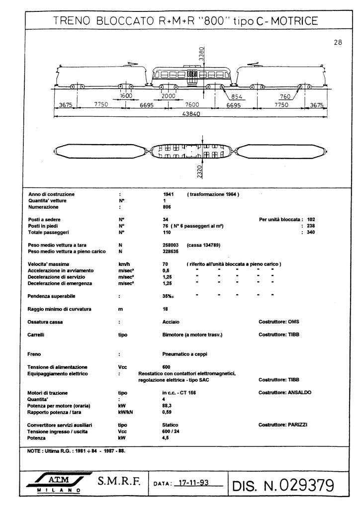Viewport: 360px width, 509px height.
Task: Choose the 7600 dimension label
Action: tap(192, 105)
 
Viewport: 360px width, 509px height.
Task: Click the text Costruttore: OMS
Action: tap(279, 322)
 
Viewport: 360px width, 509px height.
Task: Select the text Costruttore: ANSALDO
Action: tap(285, 393)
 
